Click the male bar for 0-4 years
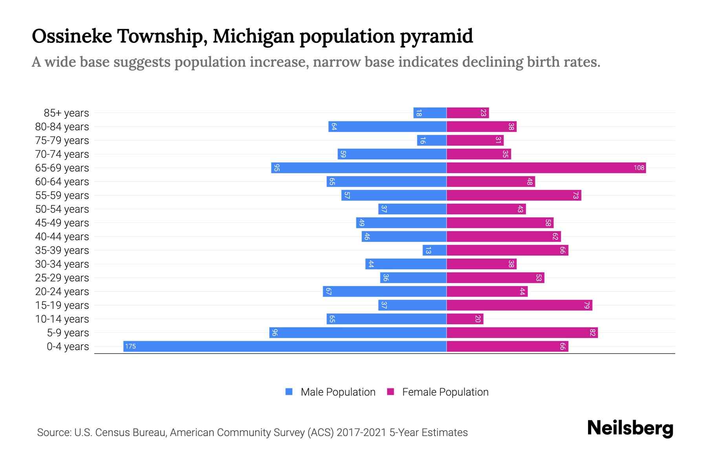point(285,346)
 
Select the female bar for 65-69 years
point(546,168)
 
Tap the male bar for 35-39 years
point(434,250)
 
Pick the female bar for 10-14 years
point(465,319)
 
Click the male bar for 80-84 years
point(387,127)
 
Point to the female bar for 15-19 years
point(519,305)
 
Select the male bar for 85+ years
point(430,113)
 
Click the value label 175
point(130,346)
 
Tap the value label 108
point(639,168)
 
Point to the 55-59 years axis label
point(62,195)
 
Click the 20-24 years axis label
point(62,292)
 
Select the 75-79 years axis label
point(62,141)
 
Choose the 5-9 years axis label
point(68,333)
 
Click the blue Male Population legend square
point(289,392)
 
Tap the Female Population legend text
point(445,392)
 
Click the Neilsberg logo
point(630,428)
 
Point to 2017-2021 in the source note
point(361,433)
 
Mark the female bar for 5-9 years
point(522,333)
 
